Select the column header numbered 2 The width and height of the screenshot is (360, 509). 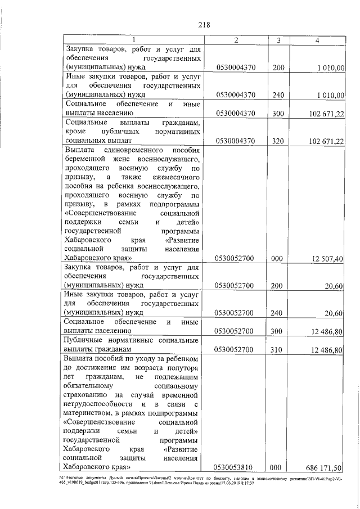[236, 40]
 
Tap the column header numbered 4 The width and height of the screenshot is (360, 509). [318, 40]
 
